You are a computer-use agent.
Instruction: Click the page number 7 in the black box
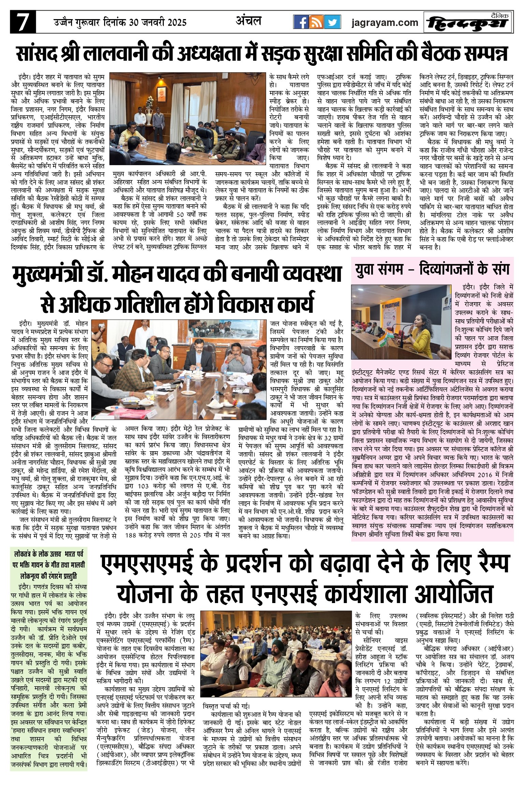[23, 23]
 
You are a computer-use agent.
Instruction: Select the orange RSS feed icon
[317, 23]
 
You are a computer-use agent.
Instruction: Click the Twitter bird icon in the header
[332, 23]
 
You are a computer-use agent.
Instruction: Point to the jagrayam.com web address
[385, 23]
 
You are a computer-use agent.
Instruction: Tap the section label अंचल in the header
[248, 21]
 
